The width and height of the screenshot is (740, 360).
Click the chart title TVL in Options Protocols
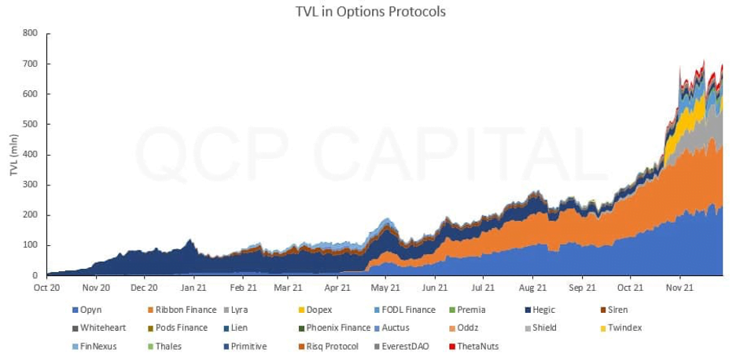coord(370,12)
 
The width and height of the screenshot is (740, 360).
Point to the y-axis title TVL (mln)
coord(15,152)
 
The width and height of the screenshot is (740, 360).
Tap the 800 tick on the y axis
coord(30,33)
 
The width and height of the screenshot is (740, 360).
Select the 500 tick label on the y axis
coord(30,124)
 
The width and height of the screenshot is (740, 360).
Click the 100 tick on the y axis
coord(30,245)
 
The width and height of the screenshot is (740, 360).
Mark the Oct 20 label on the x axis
coord(47,288)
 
